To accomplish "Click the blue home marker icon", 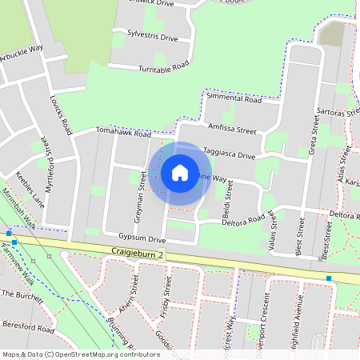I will pos(180,173).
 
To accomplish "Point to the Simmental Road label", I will pos(234,99).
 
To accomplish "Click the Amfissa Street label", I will pos(230,129).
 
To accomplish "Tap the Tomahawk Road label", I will pos(123,133).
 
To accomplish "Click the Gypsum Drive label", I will pos(141,239).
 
